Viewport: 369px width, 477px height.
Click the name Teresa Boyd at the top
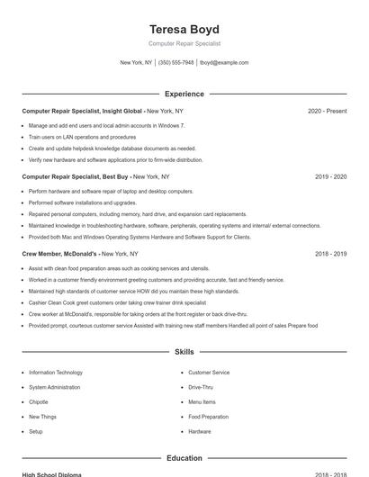pyautogui.click(x=184, y=29)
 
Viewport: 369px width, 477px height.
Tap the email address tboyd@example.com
pyautogui.click(x=224, y=63)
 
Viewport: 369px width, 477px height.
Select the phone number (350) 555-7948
pyautogui.click(x=175, y=63)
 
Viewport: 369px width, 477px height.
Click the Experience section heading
pyautogui.click(x=184, y=94)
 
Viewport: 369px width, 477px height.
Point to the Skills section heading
pyautogui.click(x=184, y=352)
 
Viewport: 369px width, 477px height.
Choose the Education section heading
pyautogui.click(x=184, y=458)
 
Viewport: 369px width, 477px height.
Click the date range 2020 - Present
pyautogui.click(x=327, y=111)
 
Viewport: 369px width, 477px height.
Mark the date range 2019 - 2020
pyautogui.click(x=330, y=176)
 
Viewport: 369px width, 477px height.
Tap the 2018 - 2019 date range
pyautogui.click(x=330, y=254)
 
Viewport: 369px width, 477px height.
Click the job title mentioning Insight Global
pyautogui.click(x=84, y=111)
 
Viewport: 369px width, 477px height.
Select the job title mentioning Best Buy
pyautogui.click(x=76, y=176)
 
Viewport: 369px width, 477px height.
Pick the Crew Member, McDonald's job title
pyautogui.click(x=59, y=254)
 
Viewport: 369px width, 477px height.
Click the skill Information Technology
pyautogui.click(x=56, y=372)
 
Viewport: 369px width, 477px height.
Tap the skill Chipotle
pyautogui.click(x=39, y=402)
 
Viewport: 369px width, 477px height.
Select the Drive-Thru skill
pyautogui.click(x=202, y=387)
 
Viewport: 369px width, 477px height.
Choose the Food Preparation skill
pyautogui.click(x=208, y=417)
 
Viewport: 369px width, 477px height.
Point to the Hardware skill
pyautogui.click(x=200, y=432)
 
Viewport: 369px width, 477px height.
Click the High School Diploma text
pyautogui.click(x=51, y=474)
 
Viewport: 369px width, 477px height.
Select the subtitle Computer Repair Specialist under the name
pyautogui.click(x=184, y=43)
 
